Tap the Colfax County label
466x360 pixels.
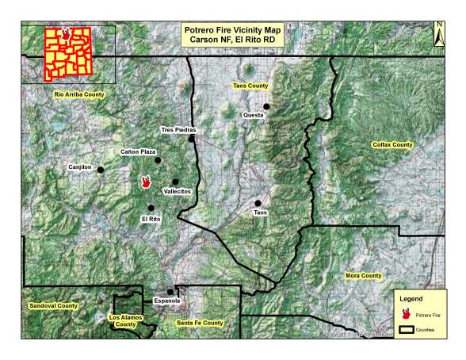click(x=393, y=145)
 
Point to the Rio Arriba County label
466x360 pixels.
click(x=79, y=94)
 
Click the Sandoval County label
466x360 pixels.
click(x=53, y=305)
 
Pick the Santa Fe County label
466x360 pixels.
click(x=199, y=324)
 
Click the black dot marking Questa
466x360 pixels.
click(x=267, y=106)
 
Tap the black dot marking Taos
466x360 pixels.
click(x=258, y=203)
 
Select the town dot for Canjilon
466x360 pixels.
click(x=101, y=170)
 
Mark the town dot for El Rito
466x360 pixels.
click(x=151, y=208)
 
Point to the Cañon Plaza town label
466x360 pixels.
click(x=137, y=151)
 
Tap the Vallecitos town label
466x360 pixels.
click(x=177, y=192)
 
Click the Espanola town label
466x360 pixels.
click(x=167, y=301)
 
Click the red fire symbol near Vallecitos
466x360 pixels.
click(x=146, y=182)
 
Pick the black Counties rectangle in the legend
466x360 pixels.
click(x=406, y=328)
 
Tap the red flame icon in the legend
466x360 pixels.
click(x=406, y=313)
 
